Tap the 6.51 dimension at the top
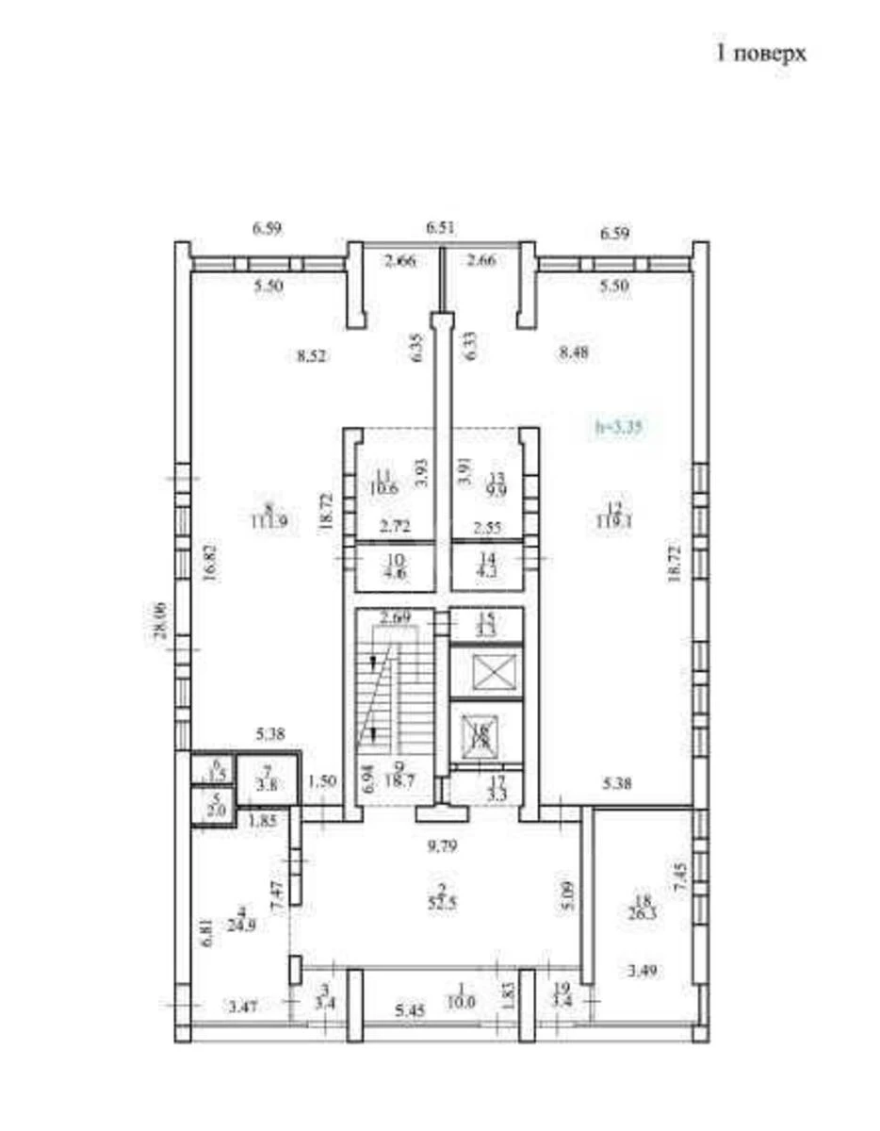[440, 227]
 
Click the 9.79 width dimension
[439, 846]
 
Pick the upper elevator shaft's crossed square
[486, 673]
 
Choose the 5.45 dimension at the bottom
[411, 1011]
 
